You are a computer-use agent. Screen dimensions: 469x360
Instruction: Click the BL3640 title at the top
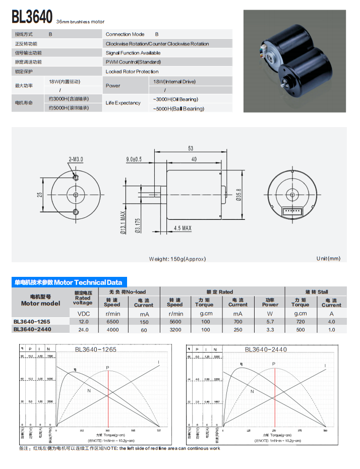point(32,17)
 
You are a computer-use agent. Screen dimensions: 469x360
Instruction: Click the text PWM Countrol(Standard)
point(133,62)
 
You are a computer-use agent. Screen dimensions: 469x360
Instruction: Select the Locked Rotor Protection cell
point(132,72)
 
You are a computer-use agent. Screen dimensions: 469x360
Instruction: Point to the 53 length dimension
point(191,148)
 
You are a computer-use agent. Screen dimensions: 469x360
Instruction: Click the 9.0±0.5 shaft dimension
point(134,159)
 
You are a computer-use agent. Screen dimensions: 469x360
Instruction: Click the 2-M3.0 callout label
point(76,159)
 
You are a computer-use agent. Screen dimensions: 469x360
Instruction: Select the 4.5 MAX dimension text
point(183,228)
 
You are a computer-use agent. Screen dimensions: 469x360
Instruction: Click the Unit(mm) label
point(328,259)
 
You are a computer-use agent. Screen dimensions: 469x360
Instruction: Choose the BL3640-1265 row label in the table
point(32,321)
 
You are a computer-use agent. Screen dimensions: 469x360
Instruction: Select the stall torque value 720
point(300,321)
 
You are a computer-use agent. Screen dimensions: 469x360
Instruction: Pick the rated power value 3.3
point(270,330)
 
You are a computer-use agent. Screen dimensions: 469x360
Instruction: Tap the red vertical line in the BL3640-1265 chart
point(108,398)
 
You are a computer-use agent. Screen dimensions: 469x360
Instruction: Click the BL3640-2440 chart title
point(266,349)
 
